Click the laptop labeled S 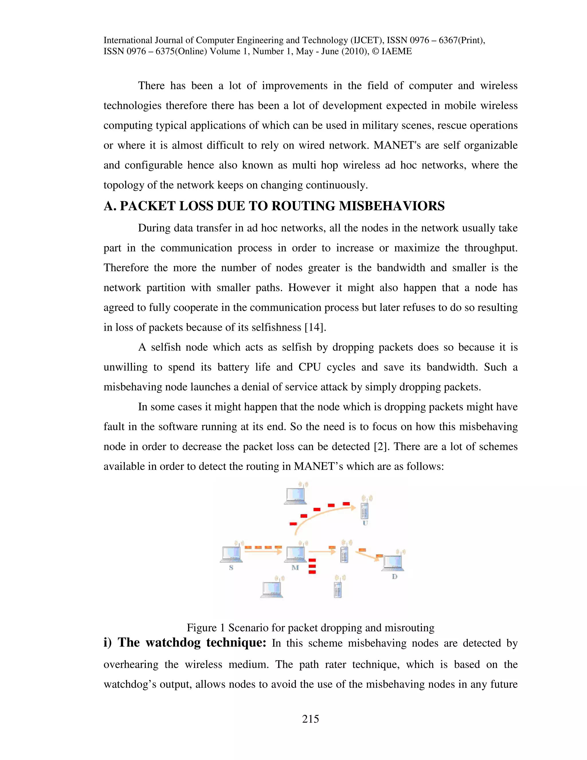coord(232,554)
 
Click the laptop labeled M coord(296,554)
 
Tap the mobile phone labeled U coord(365,510)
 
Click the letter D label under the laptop coord(394,577)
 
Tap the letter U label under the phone coord(365,523)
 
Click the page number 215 coord(310,719)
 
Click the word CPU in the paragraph coord(309,367)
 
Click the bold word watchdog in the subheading coord(173,642)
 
